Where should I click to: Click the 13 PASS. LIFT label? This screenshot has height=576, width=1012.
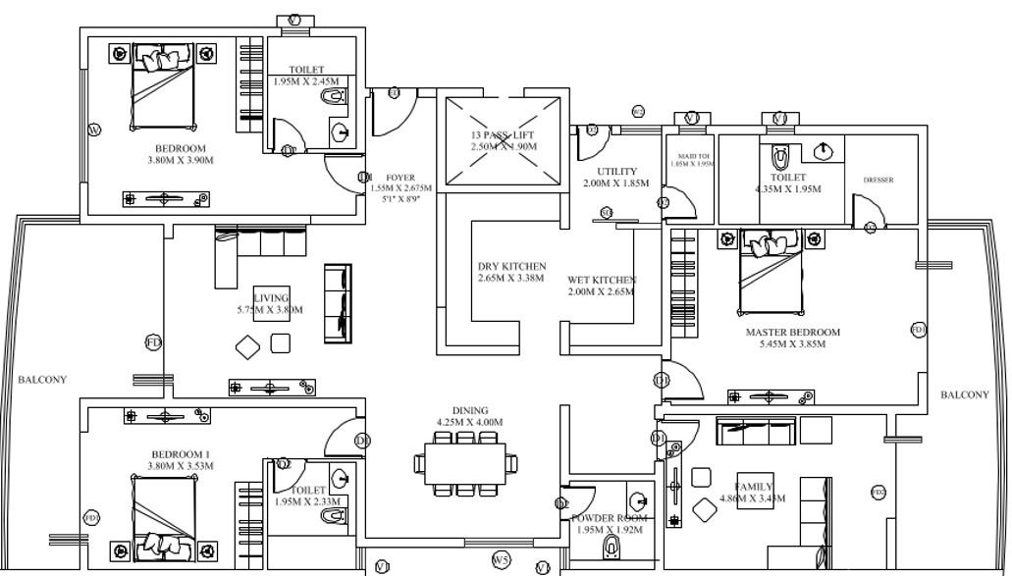pos(503,134)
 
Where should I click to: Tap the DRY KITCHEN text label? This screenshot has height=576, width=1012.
pos(511,267)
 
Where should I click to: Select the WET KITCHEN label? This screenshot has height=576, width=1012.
pos(602,280)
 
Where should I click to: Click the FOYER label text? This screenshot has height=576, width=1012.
pos(399,178)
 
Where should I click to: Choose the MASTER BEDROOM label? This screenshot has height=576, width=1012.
pos(792,333)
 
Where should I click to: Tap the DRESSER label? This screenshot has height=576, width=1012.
pos(879,181)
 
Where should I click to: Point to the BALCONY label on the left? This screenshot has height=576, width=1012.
pos(41,379)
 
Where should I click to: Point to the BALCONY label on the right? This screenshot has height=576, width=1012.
pos(964,394)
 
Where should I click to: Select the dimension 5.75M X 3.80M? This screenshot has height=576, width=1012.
pos(270,310)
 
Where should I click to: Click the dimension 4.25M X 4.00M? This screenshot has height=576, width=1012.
pos(469,422)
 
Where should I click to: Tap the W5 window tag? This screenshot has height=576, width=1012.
pos(501,560)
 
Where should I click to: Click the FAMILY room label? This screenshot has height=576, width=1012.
pos(754,487)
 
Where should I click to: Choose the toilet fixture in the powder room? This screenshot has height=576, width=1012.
pos(613,545)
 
